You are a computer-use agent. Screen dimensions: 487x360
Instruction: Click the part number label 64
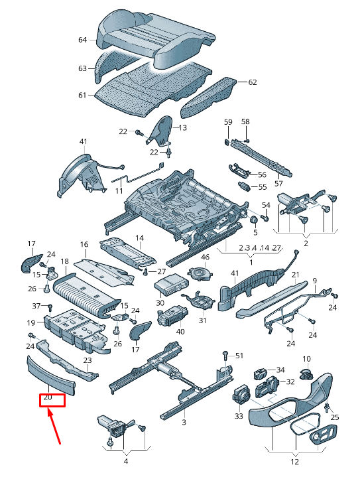tap(83, 40)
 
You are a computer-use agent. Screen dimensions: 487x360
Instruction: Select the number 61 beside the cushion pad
tap(83, 96)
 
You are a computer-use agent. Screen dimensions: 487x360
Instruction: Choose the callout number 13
tap(182, 127)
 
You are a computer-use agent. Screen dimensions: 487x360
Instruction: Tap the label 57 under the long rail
tap(278, 183)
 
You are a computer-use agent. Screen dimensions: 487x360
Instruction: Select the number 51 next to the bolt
tap(239, 356)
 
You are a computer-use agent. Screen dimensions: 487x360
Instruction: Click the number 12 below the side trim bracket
tap(295, 462)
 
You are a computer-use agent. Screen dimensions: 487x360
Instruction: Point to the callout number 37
tap(37, 305)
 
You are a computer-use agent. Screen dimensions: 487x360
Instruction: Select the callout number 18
tap(64, 262)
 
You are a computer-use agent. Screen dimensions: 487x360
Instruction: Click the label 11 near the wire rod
tap(119, 190)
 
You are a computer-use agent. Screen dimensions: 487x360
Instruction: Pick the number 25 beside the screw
tap(334, 417)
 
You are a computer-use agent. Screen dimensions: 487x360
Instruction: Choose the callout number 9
tap(315, 281)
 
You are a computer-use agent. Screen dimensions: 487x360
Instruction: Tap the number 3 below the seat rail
tap(184, 422)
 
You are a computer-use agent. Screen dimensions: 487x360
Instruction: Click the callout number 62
tap(252, 82)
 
